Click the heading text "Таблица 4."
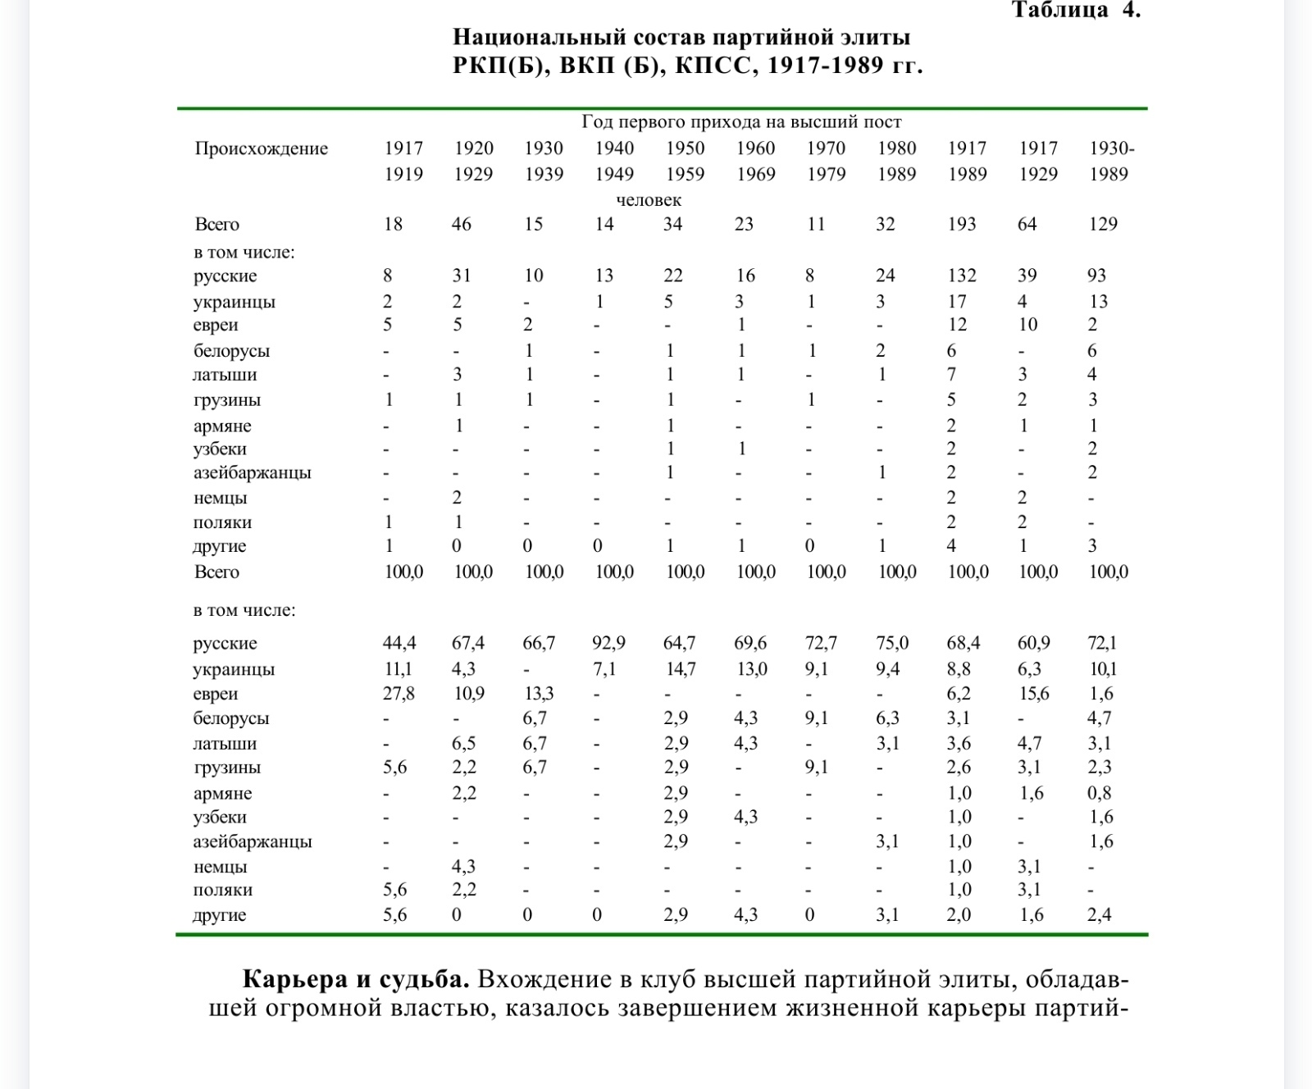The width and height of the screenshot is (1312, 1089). [1075, 11]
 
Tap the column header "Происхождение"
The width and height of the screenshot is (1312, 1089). [261, 148]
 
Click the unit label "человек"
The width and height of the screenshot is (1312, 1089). [649, 200]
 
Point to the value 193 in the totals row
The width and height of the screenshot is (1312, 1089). [962, 224]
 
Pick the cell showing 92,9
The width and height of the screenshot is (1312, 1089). [608, 643]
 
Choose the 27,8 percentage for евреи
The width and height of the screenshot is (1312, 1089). [399, 694]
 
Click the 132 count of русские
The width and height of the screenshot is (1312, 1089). [962, 276]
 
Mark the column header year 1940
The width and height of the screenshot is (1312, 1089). [614, 148]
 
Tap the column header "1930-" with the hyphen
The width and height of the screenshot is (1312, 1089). [1111, 148]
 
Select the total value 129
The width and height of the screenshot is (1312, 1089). [1103, 224]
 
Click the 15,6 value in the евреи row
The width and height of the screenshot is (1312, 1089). [1033, 694]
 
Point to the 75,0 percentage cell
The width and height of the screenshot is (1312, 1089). [892, 643]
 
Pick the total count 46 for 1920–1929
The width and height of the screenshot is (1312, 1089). [462, 224]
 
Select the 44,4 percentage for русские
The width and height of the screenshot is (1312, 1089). [399, 643]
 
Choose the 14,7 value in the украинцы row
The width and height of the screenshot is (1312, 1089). [680, 669]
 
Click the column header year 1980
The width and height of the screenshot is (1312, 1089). [896, 148]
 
